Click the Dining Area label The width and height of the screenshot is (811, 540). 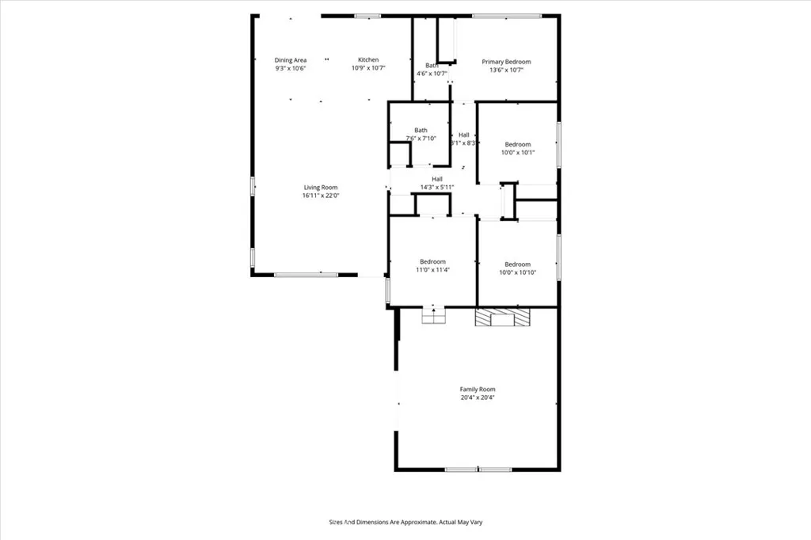point(291,60)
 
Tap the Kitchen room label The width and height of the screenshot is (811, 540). point(368,60)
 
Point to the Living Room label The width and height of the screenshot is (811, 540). point(320,188)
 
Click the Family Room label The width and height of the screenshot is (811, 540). point(478,390)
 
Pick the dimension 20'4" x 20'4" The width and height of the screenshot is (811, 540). point(478,397)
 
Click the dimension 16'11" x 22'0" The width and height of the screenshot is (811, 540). point(320,196)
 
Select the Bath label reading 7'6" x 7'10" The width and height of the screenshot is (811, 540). point(421,131)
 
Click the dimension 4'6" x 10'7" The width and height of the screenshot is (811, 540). point(432,74)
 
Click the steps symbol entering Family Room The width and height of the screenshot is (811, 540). point(432,315)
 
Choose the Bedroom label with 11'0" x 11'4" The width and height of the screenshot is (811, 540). point(432,262)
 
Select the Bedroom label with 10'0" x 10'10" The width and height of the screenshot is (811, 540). point(517,264)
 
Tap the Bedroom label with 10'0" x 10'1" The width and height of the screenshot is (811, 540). point(518,144)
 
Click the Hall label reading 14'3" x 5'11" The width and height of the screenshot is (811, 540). point(437,179)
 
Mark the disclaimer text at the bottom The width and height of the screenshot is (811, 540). point(405,522)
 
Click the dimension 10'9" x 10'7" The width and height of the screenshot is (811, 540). point(368,68)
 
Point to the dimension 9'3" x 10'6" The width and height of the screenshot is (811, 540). point(291,68)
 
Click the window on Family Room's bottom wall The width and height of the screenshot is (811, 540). point(478,470)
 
